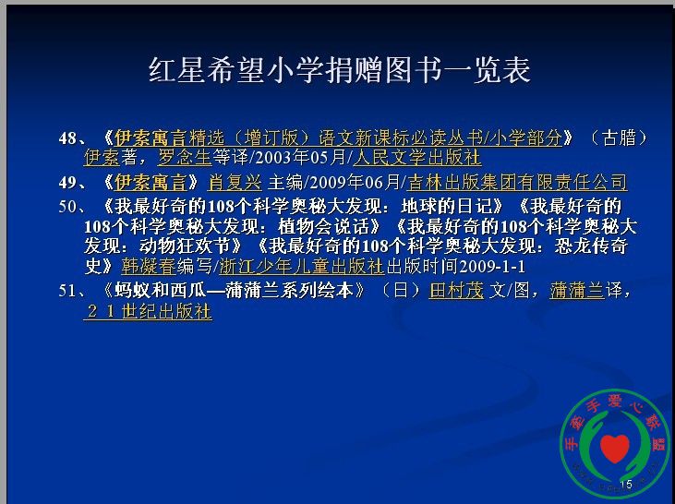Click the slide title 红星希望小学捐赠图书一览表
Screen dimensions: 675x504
click(x=339, y=70)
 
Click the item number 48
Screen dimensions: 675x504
click(x=68, y=138)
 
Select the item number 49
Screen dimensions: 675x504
click(x=68, y=183)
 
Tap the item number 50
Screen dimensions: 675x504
click(x=68, y=207)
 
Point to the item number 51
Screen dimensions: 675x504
click(x=68, y=291)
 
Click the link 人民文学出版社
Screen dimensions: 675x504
click(x=416, y=158)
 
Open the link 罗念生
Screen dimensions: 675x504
click(x=185, y=158)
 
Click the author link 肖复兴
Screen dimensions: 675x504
click(x=235, y=183)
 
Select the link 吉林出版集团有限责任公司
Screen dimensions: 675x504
click(x=516, y=183)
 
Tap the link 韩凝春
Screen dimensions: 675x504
click(x=149, y=267)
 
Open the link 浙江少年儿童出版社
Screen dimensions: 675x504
click(x=301, y=267)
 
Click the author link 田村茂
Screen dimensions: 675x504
click(x=456, y=291)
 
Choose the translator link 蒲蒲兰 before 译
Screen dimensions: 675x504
click(x=577, y=291)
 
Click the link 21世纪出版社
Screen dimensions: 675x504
click(x=148, y=312)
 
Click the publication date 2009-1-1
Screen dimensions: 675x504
click(x=492, y=267)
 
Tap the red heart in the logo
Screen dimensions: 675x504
click(x=615, y=449)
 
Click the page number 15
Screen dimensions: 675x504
click(x=626, y=485)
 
